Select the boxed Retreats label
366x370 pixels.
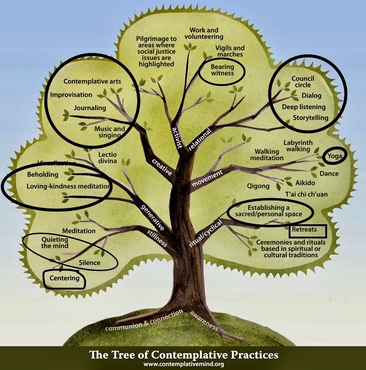point(307,231)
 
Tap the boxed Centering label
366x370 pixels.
point(65,278)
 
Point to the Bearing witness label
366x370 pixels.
point(222,70)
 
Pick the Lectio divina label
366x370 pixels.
point(108,158)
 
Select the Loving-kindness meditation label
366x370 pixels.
point(68,186)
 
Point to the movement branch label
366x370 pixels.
point(207,178)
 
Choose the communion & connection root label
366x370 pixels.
point(144,321)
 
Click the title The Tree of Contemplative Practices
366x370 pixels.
point(183,354)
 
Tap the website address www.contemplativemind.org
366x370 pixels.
point(183,365)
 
